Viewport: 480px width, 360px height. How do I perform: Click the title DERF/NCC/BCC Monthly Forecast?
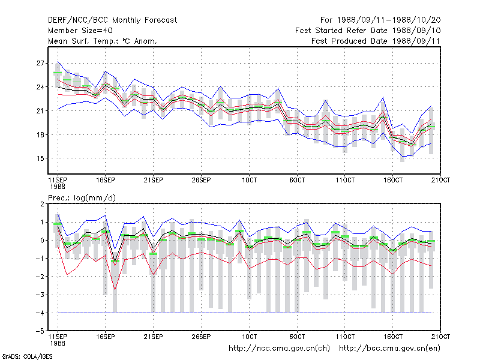click(x=112, y=20)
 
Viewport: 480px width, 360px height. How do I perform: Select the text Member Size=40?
click(x=80, y=31)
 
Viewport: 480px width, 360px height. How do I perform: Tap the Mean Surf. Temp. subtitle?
click(x=103, y=41)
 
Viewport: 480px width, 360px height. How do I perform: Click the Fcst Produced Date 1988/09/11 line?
click(x=376, y=41)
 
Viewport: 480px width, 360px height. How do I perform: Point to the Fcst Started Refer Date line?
click(x=368, y=31)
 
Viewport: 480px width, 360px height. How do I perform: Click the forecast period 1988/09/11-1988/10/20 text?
click(x=380, y=20)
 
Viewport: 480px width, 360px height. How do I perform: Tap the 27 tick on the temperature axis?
click(x=40, y=63)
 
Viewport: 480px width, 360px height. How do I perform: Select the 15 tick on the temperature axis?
click(x=40, y=158)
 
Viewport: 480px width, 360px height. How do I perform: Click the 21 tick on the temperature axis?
click(x=40, y=110)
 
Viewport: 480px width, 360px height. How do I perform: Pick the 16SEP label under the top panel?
click(x=106, y=180)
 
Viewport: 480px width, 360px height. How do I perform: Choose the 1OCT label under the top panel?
click(x=249, y=180)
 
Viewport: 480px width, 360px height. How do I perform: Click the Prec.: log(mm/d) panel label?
click(x=82, y=198)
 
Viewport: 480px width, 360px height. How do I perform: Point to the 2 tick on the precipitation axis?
click(x=42, y=204)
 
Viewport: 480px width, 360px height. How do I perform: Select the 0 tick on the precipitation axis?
click(x=42, y=241)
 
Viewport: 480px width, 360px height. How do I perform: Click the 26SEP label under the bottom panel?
click(x=201, y=337)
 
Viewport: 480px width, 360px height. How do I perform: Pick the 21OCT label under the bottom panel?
click(x=440, y=337)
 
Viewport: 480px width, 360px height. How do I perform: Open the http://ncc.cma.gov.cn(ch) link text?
click(x=279, y=349)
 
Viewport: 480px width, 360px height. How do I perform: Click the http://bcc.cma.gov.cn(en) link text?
click(x=389, y=349)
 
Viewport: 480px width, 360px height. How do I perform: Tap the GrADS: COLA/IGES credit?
click(x=27, y=356)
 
